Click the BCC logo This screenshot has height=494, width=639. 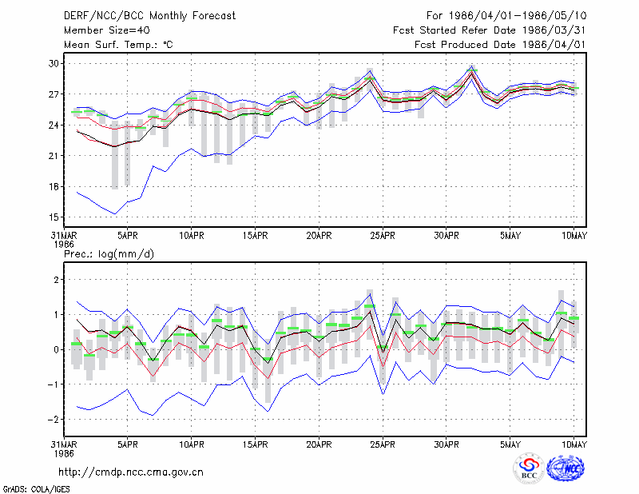click(x=529, y=468)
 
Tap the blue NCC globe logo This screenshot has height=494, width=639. click(x=566, y=468)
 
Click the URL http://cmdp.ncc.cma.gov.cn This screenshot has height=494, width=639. click(x=131, y=472)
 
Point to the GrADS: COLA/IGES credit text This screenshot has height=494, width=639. click(x=36, y=489)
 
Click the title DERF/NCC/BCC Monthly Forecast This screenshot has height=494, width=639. click(x=149, y=16)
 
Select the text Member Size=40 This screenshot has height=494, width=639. click(x=107, y=30)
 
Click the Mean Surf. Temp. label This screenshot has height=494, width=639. click(x=118, y=45)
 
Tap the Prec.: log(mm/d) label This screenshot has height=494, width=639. click(x=109, y=254)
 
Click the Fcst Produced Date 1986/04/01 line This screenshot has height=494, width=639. click(x=500, y=45)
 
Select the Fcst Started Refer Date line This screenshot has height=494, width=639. click(x=490, y=30)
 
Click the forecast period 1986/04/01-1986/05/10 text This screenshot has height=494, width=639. click(x=506, y=16)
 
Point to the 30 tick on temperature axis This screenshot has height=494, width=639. click(x=54, y=64)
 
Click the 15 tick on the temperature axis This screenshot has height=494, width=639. click(x=54, y=217)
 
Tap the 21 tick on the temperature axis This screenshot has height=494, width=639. click(x=54, y=156)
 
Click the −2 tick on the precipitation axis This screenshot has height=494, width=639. click(x=53, y=420)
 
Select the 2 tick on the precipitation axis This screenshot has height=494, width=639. click(x=56, y=280)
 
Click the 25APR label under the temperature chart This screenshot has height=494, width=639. click(x=383, y=236)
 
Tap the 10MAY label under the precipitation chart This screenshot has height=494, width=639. click(x=574, y=444)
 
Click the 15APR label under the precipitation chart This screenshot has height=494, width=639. click(x=255, y=444)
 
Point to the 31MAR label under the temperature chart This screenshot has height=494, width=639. click(x=64, y=236)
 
